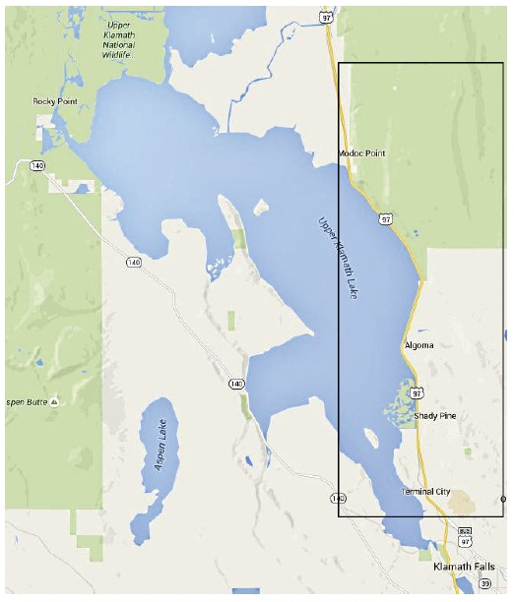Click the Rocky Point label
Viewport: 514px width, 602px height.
(x=54, y=101)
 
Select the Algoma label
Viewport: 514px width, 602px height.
(x=419, y=345)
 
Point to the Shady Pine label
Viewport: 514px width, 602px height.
(x=434, y=416)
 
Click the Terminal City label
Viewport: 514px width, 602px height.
(x=425, y=491)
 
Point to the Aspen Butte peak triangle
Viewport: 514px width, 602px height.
(x=55, y=402)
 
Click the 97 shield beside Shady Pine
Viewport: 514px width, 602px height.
(x=418, y=393)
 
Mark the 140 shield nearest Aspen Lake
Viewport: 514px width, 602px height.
(x=235, y=383)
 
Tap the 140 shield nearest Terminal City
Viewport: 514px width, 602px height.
(x=339, y=499)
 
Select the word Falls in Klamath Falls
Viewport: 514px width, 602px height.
(x=482, y=569)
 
